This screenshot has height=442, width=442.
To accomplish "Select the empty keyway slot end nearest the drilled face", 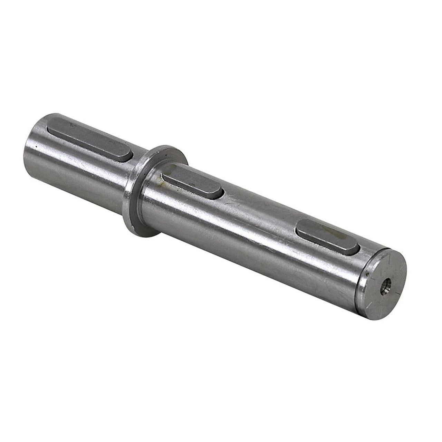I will pyautogui.click(x=360, y=249).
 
